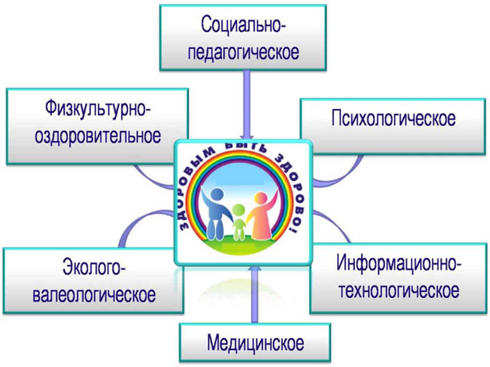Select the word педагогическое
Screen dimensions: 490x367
pyautogui.click(x=243, y=52)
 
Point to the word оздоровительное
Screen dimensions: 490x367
pyautogui.click(x=98, y=136)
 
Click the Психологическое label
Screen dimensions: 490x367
pyautogui.click(x=393, y=119)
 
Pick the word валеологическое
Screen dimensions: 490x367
pyautogui.click(x=94, y=294)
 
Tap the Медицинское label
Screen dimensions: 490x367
pyautogui.click(x=255, y=343)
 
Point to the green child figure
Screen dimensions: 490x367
pyautogui.click(x=239, y=221)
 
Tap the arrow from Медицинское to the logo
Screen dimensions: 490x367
pyautogui.click(x=255, y=294)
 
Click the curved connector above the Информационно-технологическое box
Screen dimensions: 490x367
pyautogui.click(x=335, y=224)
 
